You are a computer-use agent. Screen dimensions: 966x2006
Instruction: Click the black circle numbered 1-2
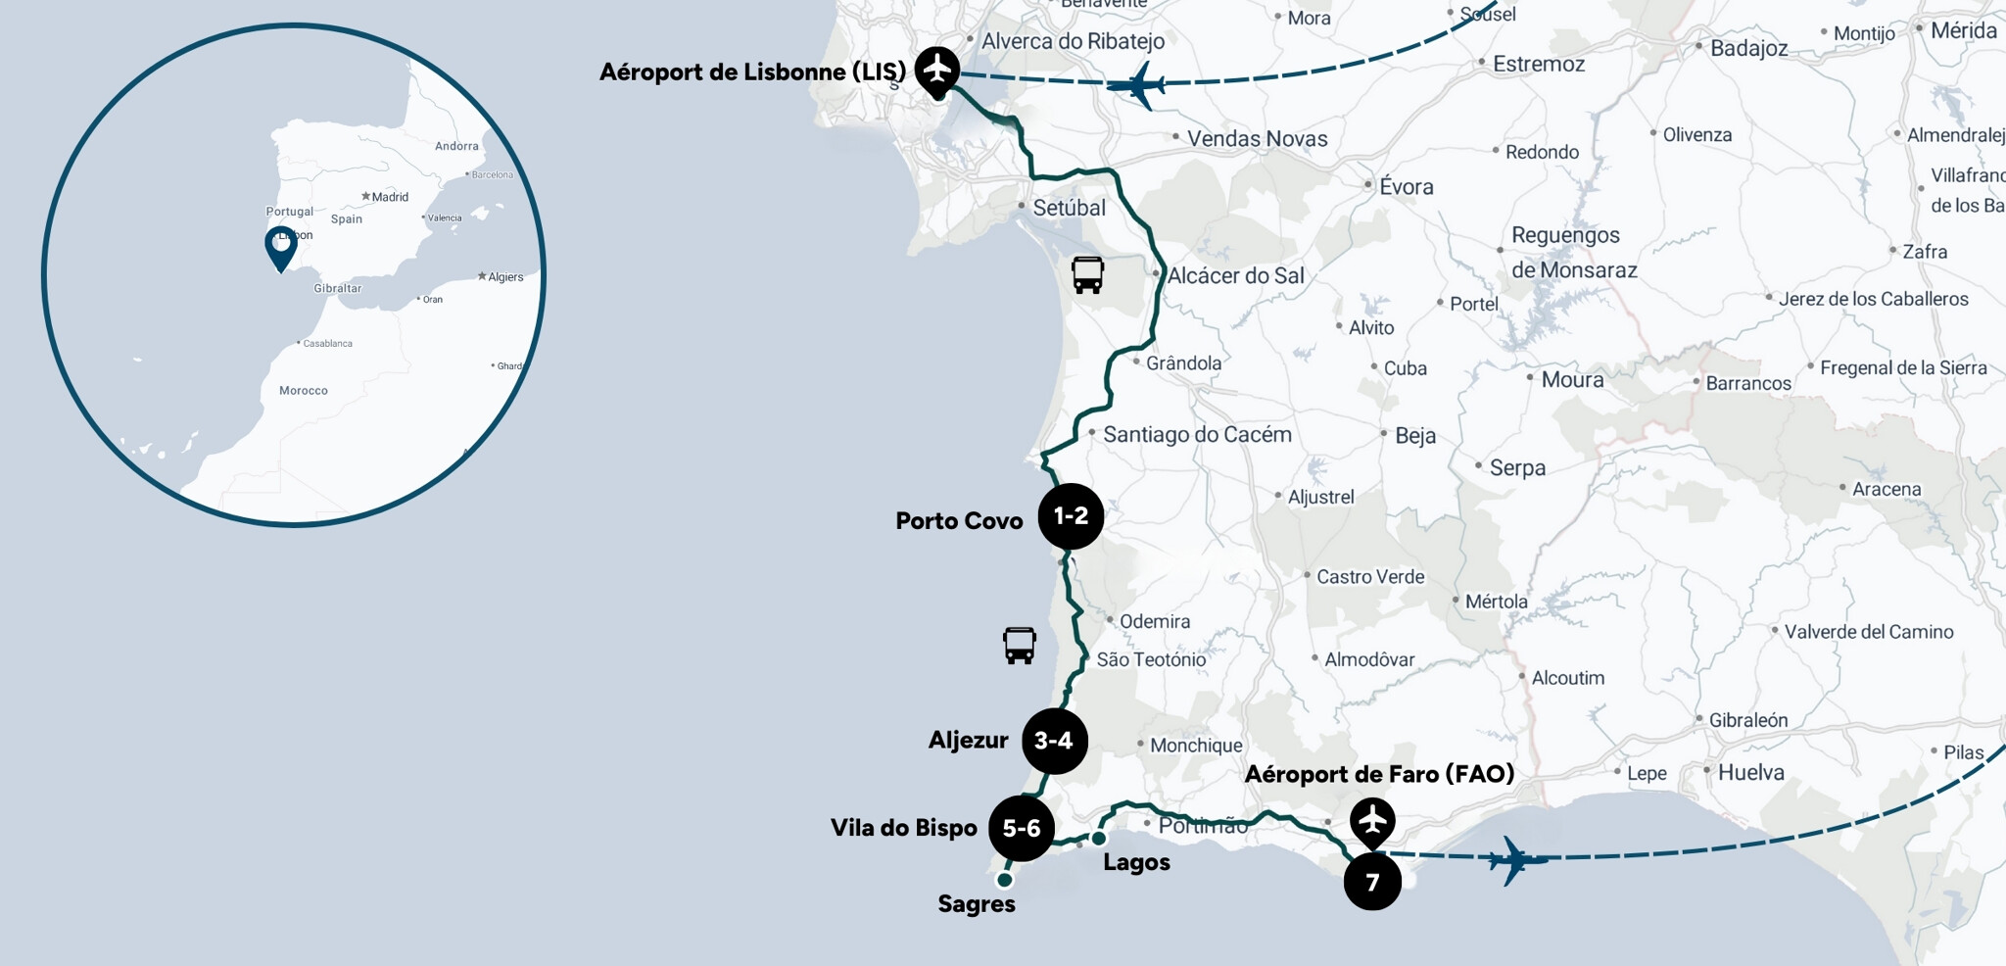coord(1071,516)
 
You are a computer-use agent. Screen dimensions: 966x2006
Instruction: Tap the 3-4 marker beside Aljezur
coord(1054,741)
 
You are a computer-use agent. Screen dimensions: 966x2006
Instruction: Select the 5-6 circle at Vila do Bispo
coord(1022,828)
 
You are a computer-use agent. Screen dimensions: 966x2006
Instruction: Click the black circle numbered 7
coord(1372,882)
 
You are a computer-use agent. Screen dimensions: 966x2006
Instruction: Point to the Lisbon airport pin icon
coord(937,71)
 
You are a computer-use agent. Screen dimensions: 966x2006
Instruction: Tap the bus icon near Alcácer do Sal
coord(1087,275)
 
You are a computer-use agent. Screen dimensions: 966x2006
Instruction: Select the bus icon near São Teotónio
coord(1019,646)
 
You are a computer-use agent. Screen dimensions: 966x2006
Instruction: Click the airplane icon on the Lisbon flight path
coord(1138,85)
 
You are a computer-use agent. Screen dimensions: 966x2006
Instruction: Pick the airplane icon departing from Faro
coord(1515,860)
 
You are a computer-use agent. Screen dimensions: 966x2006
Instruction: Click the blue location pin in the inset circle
coord(281,247)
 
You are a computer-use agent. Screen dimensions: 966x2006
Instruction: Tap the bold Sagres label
coord(977,903)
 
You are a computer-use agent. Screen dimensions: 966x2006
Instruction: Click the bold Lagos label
coord(1136,862)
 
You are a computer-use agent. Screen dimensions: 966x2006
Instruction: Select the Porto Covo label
coord(959,520)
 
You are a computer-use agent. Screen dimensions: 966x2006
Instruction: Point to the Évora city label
coord(1406,186)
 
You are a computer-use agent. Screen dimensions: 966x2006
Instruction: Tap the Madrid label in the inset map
coord(390,197)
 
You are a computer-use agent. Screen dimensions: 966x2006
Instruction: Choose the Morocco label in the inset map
coord(304,390)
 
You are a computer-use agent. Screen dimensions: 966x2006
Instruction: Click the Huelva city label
coord(1750,772)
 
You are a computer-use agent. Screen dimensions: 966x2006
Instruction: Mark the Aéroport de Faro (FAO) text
coord(1379,774)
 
